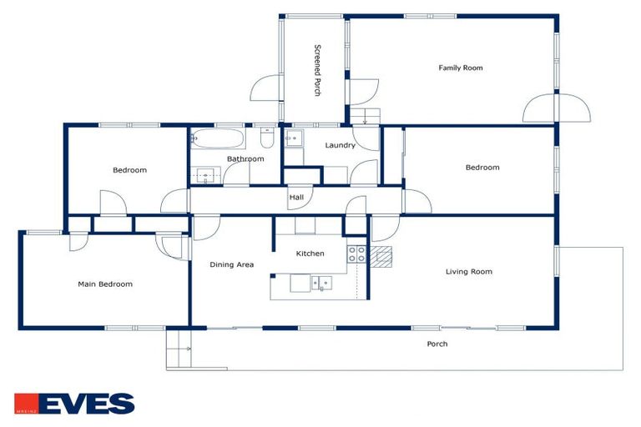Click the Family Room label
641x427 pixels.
[461, 68]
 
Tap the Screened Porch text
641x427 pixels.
[317, 70]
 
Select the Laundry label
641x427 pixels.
[341, 145]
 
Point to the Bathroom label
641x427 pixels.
[245, 158]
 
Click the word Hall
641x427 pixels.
[296, 198]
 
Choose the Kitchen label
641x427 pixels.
[310, 254]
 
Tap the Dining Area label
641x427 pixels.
[231, 264]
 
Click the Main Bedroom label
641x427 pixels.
[105, 284]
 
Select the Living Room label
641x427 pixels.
[468, 271]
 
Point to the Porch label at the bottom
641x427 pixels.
[437, 344]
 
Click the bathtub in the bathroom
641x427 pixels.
[218, 138]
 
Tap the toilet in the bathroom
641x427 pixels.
[267, 138]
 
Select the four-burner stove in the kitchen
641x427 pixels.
[356, 254]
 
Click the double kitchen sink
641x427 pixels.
[321, 283]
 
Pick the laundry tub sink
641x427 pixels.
[294, 138]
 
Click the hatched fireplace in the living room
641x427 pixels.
[381, 257]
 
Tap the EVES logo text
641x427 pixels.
[87, 404]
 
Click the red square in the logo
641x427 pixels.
[26, 404]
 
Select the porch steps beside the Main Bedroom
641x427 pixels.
[179, 349]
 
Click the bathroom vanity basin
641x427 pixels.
[205, 175]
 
